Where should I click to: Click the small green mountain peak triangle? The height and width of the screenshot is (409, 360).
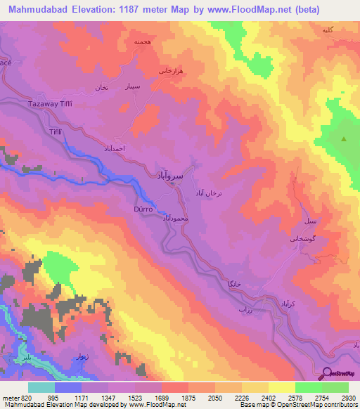344,139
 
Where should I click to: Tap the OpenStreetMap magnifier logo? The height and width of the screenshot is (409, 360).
328,373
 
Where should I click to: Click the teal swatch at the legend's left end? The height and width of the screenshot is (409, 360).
41,387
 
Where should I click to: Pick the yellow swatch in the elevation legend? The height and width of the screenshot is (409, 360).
282,387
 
